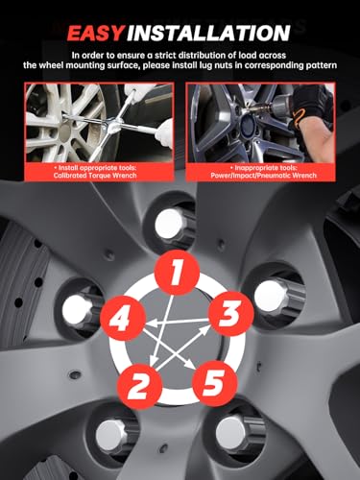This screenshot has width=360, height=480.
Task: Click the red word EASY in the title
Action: point(96,33)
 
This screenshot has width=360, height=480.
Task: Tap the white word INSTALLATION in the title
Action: point(208,33)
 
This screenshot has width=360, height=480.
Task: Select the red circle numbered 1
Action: point(177,273)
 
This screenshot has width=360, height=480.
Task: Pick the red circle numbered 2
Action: point(138,386)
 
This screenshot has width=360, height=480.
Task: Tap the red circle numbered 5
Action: point(215,383)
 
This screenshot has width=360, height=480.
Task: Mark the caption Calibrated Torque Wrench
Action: point(95,176)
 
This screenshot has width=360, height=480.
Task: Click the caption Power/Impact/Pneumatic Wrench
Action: point(263,176)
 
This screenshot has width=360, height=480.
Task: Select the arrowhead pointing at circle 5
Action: point(190,365)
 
